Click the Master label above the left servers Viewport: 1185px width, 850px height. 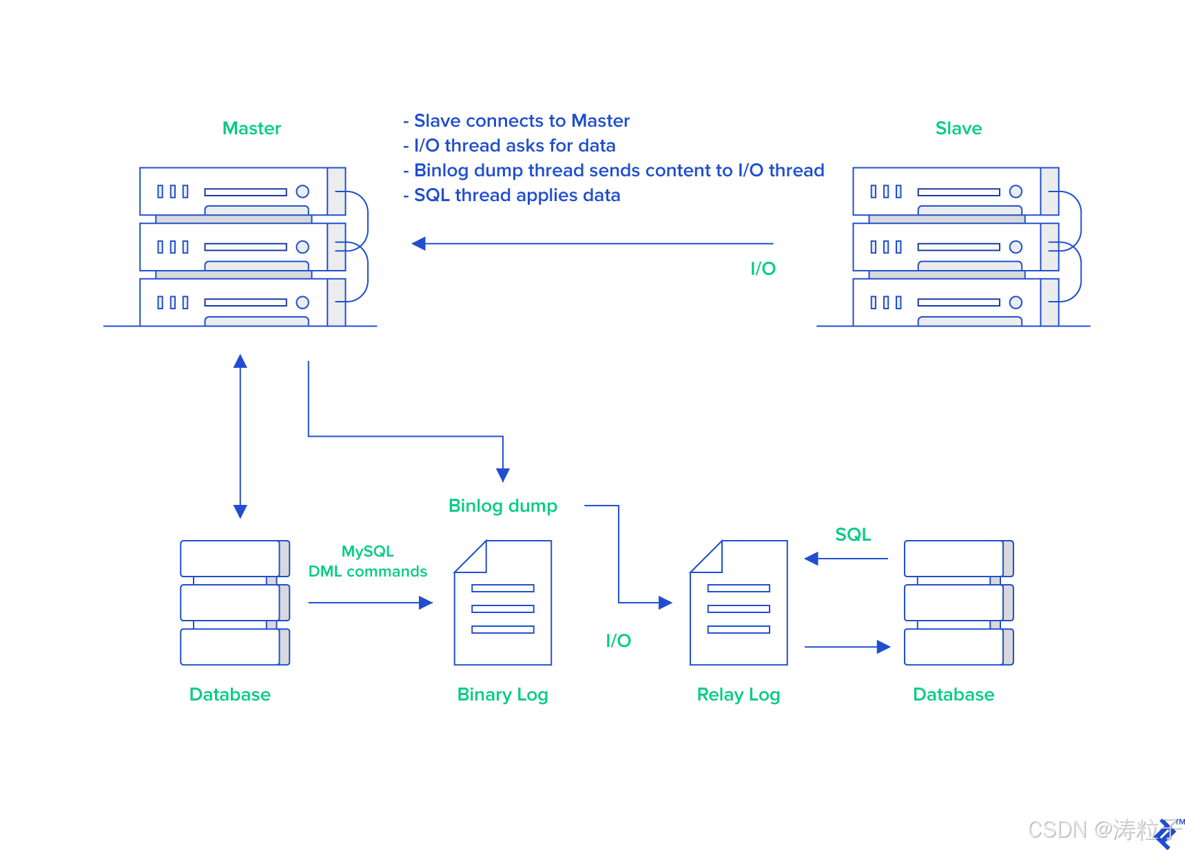tap(251, 129)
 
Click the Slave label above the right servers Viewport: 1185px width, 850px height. tap(958, 129)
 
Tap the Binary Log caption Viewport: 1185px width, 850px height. tap(502, 694)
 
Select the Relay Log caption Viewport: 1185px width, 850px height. tap(738, 694)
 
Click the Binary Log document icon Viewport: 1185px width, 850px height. tap(503, 603)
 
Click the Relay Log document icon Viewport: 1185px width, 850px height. tap(739, 603)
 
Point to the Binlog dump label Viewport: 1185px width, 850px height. tap(502, 506)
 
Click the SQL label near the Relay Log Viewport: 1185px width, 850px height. tap(853, 535)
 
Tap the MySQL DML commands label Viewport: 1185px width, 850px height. tap(368, 561)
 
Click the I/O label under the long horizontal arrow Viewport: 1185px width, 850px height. tap(763, 269)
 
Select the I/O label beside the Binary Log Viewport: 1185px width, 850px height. tap(618, 641)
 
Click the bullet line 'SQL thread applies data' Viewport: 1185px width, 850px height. tap(517, 196)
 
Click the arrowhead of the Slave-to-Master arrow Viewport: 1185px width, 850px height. tap(418, 244)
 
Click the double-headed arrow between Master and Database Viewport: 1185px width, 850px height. tap(240, 436)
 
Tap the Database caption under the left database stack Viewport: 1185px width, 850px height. tap(229, 694)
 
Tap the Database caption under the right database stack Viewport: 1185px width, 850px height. tap(954, 694)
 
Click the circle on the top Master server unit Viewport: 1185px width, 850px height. tap(302, 191)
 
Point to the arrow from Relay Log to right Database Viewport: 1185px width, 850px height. tap(847, 647)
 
